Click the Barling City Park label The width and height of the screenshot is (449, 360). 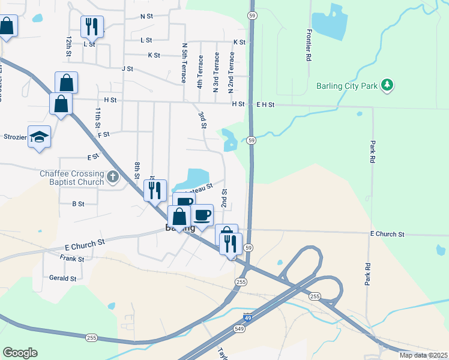[x=347, y=86]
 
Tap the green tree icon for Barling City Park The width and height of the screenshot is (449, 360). [x=388, y=85]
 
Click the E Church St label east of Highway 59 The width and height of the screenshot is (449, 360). [x=387, y=234]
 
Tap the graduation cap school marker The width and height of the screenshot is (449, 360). [x=39, y=136]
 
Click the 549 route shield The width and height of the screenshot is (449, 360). [x=240, y=329]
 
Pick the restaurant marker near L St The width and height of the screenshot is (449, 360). [x=92, y=26]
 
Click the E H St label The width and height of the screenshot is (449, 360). [x=265, y=104]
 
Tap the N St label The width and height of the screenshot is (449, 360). [x=146, y=17]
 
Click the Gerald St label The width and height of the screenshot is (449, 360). [x=63, y=278]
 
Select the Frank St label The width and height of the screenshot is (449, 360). [x=72, y=259]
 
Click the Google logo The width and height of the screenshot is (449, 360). [x=20, y=353]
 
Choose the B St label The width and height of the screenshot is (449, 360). [x=78, y=204]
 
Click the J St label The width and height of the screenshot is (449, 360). [x=127, y=69]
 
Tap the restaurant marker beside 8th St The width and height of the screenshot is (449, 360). [x=155, y=190]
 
